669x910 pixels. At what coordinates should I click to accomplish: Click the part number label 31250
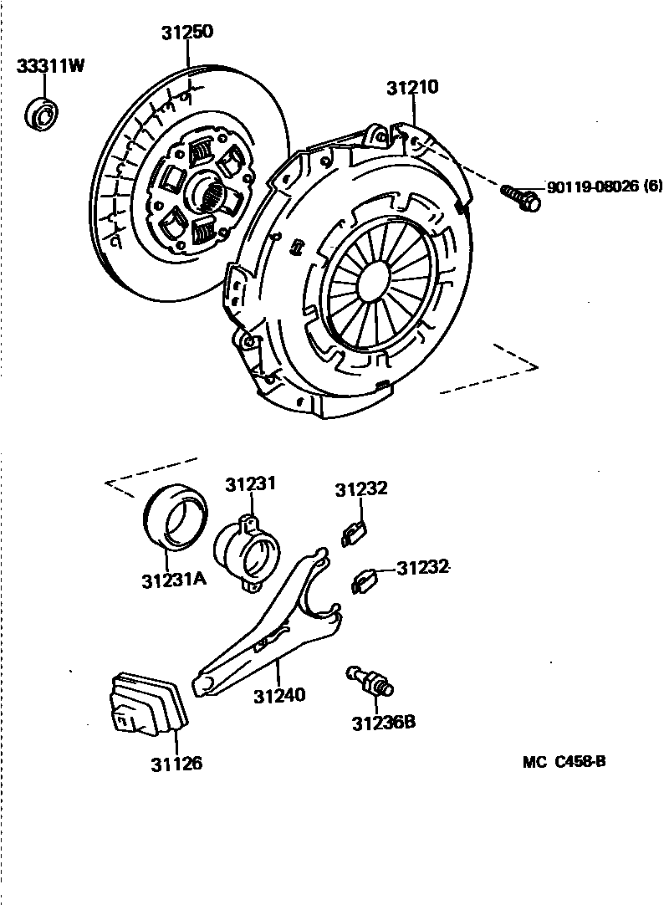pos(187,33)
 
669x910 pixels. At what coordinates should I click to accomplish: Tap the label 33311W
pos(50,67)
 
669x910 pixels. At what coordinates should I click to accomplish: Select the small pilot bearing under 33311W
pos(41,114)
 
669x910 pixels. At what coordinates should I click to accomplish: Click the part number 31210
pos(412,87)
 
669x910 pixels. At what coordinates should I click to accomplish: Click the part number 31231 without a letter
pos(250,484)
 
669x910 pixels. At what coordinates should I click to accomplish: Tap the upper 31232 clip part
pos(355,532)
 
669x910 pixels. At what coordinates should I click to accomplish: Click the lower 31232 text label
pos(422,568)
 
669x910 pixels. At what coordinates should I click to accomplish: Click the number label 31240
pos(279,694)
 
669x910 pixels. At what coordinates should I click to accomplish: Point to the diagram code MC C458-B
pos(564,762)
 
